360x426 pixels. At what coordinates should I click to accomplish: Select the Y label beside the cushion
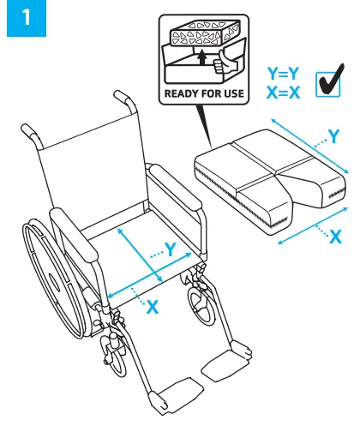click(335, 135)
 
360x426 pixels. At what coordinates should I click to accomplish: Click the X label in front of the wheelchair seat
click(152, 306)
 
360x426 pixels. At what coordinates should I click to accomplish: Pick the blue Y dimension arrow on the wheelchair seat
click(142, 254)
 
